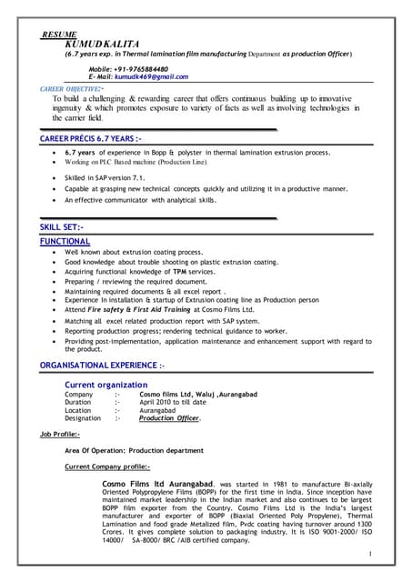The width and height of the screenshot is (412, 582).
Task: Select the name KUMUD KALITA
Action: point(101,44)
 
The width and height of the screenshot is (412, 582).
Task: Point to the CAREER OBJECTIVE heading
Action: point(71,89)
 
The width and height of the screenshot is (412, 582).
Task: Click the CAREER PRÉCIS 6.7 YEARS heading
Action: point(90,137)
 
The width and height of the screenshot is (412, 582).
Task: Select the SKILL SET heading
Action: point(62,227)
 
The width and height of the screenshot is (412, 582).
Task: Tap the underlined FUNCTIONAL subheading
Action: point(65,241)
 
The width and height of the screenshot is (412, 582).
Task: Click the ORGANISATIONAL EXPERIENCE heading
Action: point(102,365)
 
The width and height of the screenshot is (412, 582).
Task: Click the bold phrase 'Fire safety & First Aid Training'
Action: point(149,309)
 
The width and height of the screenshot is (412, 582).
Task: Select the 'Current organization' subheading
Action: point(113,385)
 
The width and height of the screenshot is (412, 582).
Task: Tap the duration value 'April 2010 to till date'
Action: point(174,402)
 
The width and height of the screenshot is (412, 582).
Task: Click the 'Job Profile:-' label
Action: point(60,436)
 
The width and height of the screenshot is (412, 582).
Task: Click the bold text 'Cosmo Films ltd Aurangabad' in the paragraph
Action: point(158,483)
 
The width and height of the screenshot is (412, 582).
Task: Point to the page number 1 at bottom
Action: point(370,553)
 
